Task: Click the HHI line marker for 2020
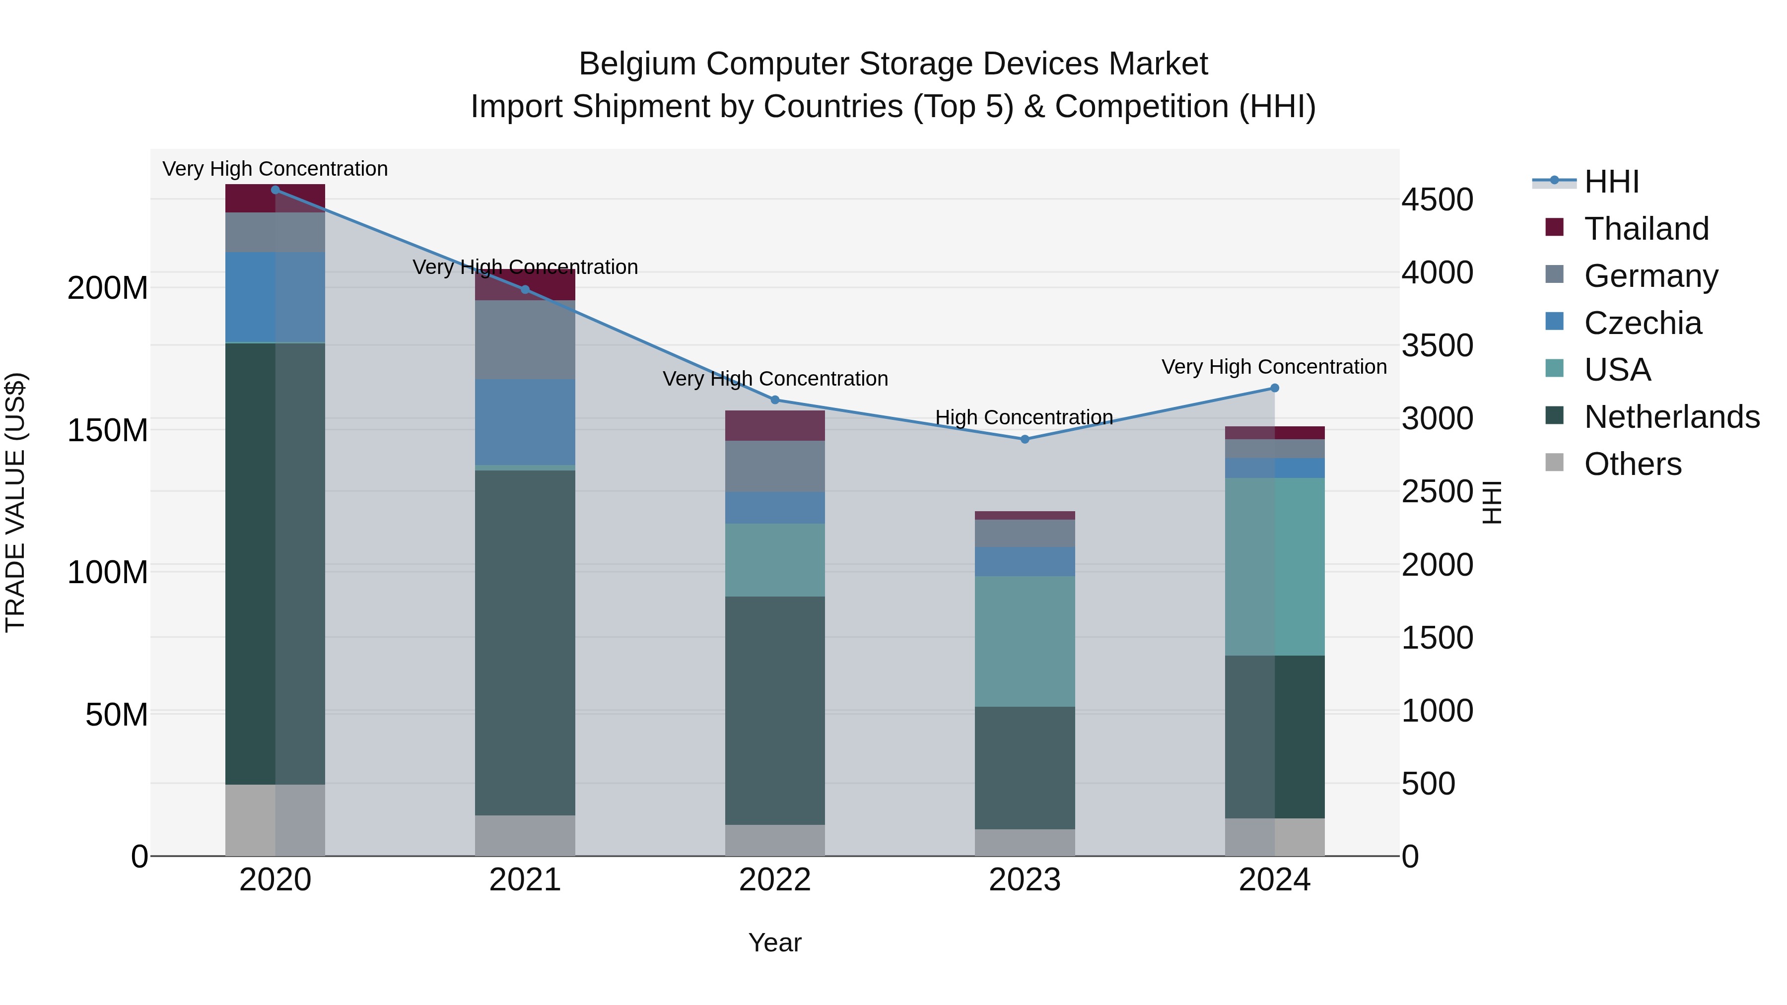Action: click(275, 190)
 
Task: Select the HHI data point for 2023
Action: click(1025, 439)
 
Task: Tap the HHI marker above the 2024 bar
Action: click(1274, 389)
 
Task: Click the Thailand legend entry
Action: click(1646, 229)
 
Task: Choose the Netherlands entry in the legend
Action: click(1671, 417)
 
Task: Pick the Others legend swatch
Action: click(1555, 463)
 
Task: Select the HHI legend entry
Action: click(1611, 182)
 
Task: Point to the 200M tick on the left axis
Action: click(108, 288)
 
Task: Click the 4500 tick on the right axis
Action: click(1437, 200)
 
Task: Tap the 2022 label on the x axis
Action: click(775, 880)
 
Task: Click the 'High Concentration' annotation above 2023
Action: click(1024, 417)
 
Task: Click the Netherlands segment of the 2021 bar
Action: click(525, 642)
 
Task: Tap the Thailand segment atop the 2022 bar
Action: click(775, 425)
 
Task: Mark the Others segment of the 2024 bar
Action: click(1274, 837)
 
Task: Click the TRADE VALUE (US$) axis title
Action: click(15, 502)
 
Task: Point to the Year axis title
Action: click(775, 942)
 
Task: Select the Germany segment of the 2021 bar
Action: click(525, 340)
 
